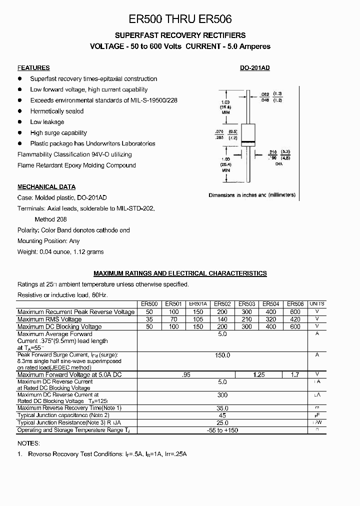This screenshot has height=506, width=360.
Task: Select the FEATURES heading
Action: pos(33,68)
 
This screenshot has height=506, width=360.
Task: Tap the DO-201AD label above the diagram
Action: pos(255,68)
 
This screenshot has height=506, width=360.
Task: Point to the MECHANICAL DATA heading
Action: pos(46,187)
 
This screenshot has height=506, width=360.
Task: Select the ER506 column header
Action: pos(295,304)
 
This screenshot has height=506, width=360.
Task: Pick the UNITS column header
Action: pos(317,304)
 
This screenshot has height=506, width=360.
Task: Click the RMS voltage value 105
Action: pos(198,319)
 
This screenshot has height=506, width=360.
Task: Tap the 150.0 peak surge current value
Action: pos(222,355)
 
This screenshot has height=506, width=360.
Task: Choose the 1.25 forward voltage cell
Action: pos(258,374)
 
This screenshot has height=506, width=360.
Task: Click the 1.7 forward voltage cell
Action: pos(295,374)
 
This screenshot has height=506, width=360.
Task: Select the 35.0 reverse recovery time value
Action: pos(222,408)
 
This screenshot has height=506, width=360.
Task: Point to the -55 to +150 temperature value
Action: pos(222,430)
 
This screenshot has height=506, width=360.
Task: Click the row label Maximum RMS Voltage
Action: pos(49,319)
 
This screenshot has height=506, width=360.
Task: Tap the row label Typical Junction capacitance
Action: pos(63,415)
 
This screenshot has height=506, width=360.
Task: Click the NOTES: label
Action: pos(28,443)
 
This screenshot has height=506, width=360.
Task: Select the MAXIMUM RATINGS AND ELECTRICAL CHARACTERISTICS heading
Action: pos(180,273)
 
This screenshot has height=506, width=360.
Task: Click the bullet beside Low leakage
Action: pos(20,122)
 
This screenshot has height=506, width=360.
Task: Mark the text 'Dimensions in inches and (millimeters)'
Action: pos(251,195)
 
